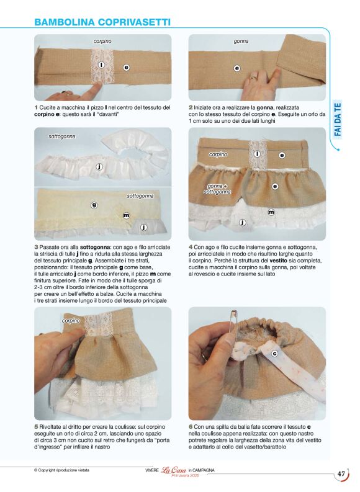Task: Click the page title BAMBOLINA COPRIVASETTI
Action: click(x=102, y=22)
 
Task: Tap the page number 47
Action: click(x=341, y=474)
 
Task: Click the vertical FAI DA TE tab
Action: click(x=338, y=120)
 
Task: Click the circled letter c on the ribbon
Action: click(x=274, y=354)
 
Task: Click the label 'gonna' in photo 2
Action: click(x=241, y=41)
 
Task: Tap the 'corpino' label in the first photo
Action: click(x=102, y=41)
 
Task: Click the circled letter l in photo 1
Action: click(x=101, y=65)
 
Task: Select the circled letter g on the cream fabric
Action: click(x=94, y=205)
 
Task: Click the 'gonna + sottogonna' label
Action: click(x=217, y=189)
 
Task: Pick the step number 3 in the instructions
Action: click(x=36, y=248)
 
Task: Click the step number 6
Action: click(x=191, y=427)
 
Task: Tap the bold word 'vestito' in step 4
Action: click(x=278, y=261)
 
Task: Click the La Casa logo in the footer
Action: click(x=174, y=470)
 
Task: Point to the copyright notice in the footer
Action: click(x=61, y=470)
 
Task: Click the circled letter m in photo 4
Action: click(x=271, y=212)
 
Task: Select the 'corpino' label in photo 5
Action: click(x=71, y=321)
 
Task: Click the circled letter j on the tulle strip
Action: click(x=99, y=167)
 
